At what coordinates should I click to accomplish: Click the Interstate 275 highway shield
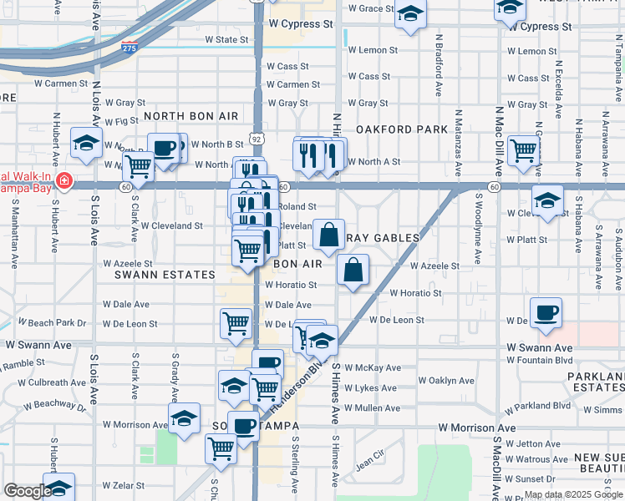coord(130,48)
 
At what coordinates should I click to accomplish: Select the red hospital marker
coord(64,181)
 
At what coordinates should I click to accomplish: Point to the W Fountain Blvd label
coord(540,360)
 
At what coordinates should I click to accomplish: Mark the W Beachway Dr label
coord(54,404)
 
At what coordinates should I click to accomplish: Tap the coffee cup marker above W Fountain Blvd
coord(546,313)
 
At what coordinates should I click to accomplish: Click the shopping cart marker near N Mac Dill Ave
coord(523,151)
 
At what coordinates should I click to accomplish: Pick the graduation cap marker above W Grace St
coord(410,14)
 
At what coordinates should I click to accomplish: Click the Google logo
coord(27,491)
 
